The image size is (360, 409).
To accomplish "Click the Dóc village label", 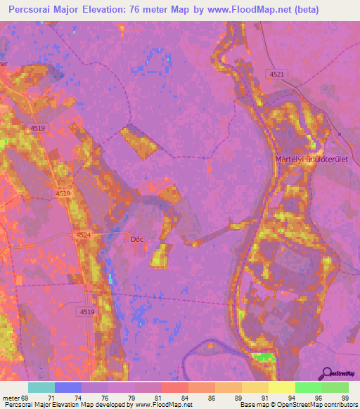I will click(x=137, y=239).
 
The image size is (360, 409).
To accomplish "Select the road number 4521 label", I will click(x=277, y=74).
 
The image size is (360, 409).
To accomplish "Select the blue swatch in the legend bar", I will click(x=67, y=387).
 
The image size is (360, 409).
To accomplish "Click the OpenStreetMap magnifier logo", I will click(x=326, y=373).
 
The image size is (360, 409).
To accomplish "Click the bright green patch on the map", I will click(x=264, y=357).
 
